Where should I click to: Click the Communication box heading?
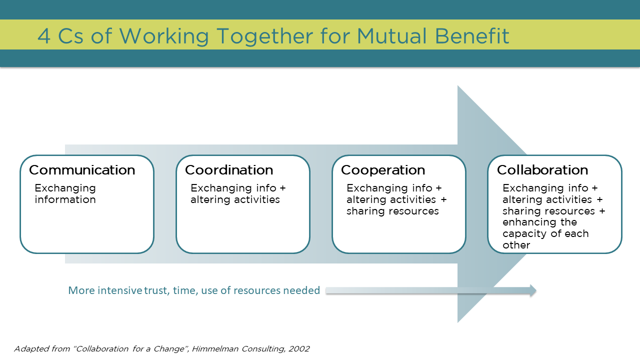coord(82,170)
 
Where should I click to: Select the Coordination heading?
coord(229,170)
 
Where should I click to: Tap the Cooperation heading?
coord(383,170)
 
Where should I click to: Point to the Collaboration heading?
coord(542,170)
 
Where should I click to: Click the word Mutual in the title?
coord(391,36)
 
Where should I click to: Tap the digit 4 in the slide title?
coord(44,36)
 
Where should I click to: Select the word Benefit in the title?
coord(472,36)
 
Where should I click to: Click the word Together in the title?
coord(265,37)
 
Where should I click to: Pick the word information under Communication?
coord(65,199)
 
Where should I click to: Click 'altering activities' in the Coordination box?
coord(235,199)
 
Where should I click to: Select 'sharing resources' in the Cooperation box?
coord(392,211)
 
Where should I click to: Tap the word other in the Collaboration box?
coord(516,245)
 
